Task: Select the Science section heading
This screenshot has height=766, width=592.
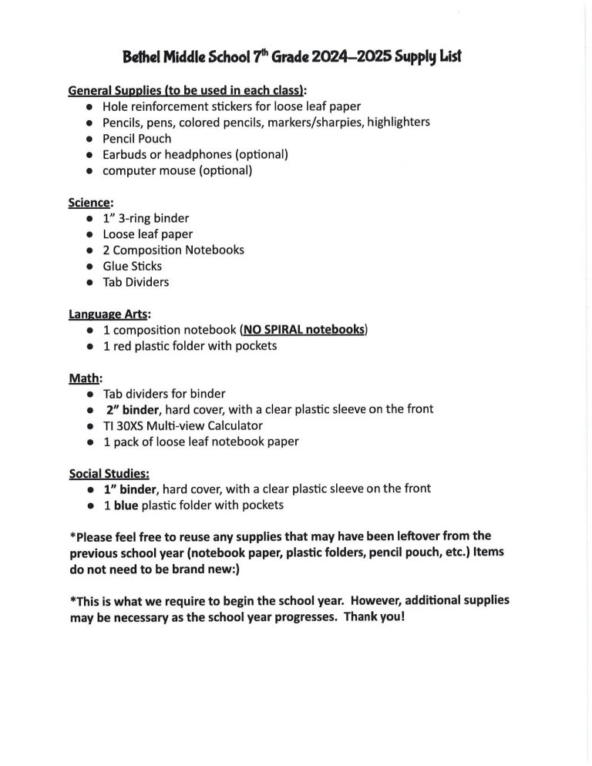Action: [x=91, y=203]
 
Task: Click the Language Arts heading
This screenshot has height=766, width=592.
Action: [x=110, y=314]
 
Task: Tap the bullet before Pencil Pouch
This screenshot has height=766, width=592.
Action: [x=90, y=139]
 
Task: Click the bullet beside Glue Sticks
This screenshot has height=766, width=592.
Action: [x=90, y=266]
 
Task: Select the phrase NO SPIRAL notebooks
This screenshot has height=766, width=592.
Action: [x=304, y=330]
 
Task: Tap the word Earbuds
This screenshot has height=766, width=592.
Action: [x=124, y=154]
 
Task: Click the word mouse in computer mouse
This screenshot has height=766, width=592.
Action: [x=178, y=170]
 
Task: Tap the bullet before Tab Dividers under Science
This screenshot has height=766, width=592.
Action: [x=90, y=282]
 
